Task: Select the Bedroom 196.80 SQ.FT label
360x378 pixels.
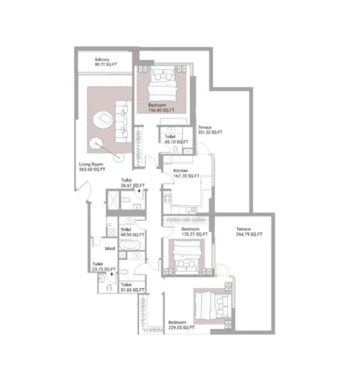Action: coord(159,107)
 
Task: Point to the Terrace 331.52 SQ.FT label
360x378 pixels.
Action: coord(210,130)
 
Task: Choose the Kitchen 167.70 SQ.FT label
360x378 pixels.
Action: coord(187,174)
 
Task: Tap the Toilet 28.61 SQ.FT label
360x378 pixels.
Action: coord(133,183)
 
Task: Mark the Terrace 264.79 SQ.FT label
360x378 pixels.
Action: coord(249,231)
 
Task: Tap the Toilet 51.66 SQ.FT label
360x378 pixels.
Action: coord(132,287)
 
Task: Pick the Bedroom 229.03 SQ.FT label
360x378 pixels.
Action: coord(181,325)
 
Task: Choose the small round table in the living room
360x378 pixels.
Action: coord(96,144)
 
